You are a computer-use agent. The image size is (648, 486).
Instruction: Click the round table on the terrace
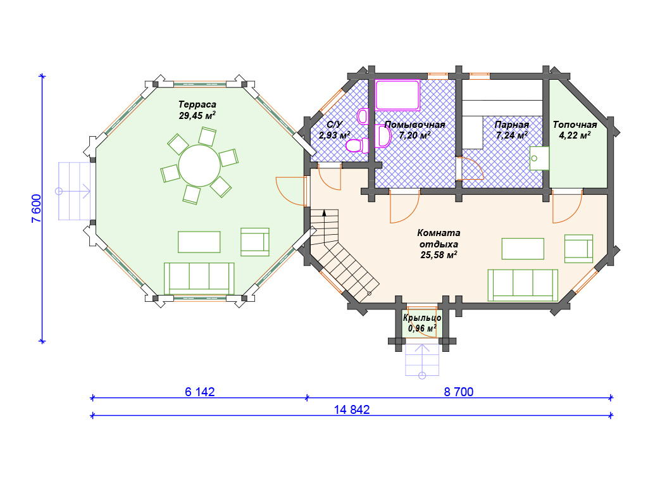click(199, 165)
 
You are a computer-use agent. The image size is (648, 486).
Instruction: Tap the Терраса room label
click(197, 104)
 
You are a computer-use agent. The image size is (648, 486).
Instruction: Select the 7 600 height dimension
click(37, 209)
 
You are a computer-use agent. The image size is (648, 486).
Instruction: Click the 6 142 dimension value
click(199, 392)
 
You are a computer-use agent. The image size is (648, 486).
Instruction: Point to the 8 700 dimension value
click(459, 392)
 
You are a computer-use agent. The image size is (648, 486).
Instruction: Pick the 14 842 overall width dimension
click(352, 409)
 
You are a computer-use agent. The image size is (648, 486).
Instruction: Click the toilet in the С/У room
click(357, 146)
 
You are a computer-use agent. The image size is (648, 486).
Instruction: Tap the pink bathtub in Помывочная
click(397, 96)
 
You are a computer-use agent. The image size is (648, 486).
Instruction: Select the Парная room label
click(511, 125)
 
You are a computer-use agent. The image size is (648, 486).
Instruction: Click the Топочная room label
click(575, 125)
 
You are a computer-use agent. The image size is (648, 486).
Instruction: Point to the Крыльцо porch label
click(422, 318)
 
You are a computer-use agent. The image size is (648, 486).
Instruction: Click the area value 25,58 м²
click(439, 255)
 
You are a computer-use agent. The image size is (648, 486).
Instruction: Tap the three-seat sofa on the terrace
click(199, 278)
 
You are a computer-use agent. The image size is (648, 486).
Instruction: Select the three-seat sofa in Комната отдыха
click(523, 285)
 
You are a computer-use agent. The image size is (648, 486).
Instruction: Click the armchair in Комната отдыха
click(578, 248)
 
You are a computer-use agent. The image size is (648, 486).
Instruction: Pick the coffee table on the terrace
click(199, 242)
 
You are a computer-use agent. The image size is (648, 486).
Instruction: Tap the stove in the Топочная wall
click(539, 158)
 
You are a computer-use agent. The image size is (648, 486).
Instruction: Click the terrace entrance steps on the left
click(75, 191)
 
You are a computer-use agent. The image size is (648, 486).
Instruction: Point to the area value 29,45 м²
click(197, 115)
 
